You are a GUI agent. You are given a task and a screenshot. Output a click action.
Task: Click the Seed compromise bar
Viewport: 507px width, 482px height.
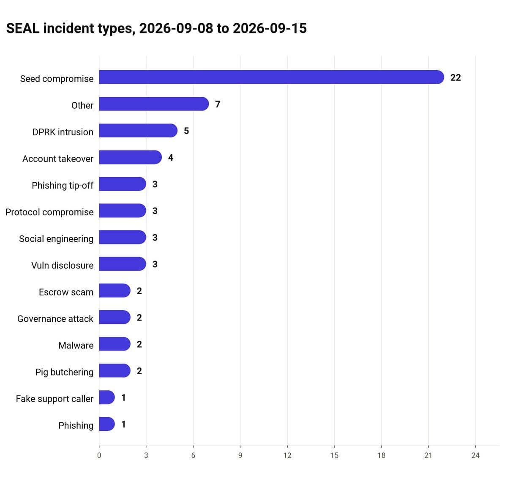pos(271,77)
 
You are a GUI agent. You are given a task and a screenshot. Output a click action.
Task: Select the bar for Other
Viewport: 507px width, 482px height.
pos(154,104)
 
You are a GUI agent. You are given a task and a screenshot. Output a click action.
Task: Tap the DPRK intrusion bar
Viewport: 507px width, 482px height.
pos(138,130)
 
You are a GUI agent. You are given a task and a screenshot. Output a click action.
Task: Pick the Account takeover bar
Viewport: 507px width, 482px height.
pos(130,157)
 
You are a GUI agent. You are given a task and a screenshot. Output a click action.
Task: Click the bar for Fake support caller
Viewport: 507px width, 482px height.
pos(107,397)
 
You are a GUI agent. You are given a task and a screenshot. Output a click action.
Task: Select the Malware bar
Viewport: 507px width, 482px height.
pos(115,344)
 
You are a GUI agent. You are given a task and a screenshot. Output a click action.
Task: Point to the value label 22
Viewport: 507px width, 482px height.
pos(455,77)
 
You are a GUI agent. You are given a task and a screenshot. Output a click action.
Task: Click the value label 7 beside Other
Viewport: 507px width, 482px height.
pos(218,104)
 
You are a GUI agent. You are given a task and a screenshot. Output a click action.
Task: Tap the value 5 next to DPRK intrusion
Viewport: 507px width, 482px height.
pos(186,131)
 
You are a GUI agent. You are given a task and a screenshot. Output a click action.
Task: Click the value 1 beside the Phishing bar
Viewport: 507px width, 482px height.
pos(123,424)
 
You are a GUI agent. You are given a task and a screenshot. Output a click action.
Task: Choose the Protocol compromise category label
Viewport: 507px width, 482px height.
pos(49,212)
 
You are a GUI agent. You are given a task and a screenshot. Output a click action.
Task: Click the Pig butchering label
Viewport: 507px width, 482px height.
pos(64,372)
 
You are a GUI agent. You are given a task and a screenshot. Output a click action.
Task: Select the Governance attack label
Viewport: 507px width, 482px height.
pos(55,318)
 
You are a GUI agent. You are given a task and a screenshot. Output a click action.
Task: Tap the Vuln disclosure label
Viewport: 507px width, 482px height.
pos(63,265)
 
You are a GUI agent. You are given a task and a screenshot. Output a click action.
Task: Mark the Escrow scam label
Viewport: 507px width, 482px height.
pos(66,292)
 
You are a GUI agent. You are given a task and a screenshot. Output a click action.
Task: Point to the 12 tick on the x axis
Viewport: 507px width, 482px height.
pos(287,455)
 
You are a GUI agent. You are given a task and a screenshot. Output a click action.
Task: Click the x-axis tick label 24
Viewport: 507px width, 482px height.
pos(475,455)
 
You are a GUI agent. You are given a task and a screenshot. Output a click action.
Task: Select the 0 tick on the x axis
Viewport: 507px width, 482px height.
pos(99,455)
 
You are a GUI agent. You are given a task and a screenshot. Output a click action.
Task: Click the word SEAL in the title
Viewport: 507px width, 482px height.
pos(23,28)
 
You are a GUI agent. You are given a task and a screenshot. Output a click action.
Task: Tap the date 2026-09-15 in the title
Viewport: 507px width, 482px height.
pos(270,28)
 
